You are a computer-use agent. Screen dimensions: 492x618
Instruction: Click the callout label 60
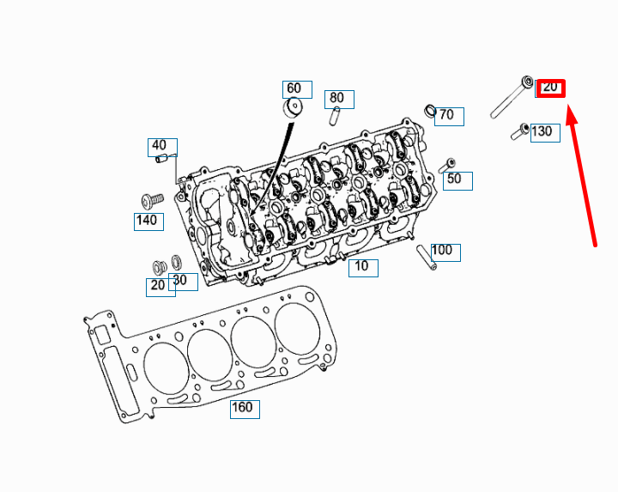[294, 88]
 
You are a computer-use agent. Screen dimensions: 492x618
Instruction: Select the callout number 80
[336, 98]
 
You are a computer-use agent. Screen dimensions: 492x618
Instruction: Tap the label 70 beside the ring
[448, 115]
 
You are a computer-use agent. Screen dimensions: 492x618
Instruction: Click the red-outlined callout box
[550, 88]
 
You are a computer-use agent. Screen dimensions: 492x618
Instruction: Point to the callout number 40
[160, 146]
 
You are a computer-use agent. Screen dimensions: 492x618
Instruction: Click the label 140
[148, 221]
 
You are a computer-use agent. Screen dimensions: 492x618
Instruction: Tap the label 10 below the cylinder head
[362, 267]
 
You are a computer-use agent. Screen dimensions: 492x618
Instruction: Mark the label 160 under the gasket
[244, 408]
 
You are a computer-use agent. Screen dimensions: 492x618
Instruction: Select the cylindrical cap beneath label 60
[294, 109]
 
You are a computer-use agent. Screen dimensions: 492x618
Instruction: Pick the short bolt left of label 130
[519, 131]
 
